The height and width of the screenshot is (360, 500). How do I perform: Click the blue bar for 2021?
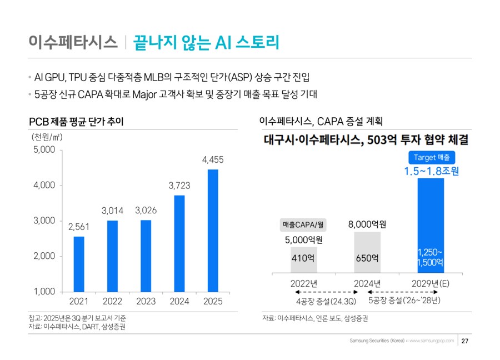click(79, 264)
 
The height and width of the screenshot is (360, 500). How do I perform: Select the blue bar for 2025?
click(213, 230)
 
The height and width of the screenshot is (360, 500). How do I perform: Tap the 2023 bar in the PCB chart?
click(146, 256)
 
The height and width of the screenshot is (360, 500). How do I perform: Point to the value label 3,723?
click(179, 186)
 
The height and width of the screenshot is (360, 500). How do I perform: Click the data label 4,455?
click(213, 160)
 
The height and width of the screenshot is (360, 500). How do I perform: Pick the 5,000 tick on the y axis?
click(44, 150)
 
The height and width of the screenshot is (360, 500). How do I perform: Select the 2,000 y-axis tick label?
click(44, 256)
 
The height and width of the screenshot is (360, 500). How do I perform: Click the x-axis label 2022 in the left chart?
click(113, 301)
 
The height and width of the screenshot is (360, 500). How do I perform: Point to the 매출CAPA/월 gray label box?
click(303, 225)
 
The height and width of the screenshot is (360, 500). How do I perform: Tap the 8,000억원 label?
click(367, 224)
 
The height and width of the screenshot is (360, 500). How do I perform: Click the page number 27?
click(466, 341)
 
